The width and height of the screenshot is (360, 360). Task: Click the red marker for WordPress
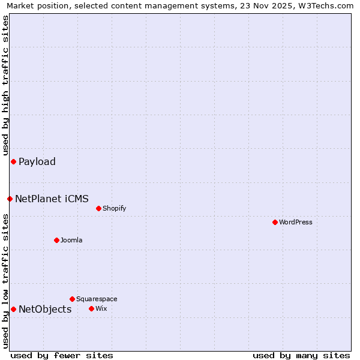pyautogui.click(x=275, y=222)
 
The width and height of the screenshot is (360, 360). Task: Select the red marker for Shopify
pyautogui.click(x=98, y=208)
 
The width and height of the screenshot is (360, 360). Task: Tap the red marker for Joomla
pyautogui.click(x=56, y=240)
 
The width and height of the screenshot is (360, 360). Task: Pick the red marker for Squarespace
pyautogui.click(x=72, y=299)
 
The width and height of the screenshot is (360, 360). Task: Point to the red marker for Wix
pyautogui.click(x=91, y=308)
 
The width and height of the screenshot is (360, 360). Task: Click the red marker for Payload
pyautogui.click(x=13, y=161)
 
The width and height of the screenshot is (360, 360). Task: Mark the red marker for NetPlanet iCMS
pyautogui.click(x=10, y=199)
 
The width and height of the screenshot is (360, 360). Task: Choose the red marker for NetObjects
pyautogui.click(x=13, y=309)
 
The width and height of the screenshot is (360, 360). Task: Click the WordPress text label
pyautogui.click(x=296, y=222)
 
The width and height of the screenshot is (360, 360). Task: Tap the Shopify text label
pyautogui.click(x=114, y=208)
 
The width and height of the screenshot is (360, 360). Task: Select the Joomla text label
pyautogui.click(x=71, y=240)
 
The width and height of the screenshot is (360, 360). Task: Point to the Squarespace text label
pyautogui.click(x=97, y=299)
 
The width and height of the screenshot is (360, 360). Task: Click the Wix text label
pyautogui.click(x=101, y=308)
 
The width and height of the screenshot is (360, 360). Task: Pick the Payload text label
pyautogui.click(x=37, y=161)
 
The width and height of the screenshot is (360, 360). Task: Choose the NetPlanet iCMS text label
pyautogui.click(x=52, y=199)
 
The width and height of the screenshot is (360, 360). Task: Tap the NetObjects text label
pyautogui.click(x=45, y=309)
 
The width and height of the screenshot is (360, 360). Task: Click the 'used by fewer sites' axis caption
pyautogui.click(x=62, y=355)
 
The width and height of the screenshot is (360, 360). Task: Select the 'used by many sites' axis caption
pyautogui.click(x=301, y=355)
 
